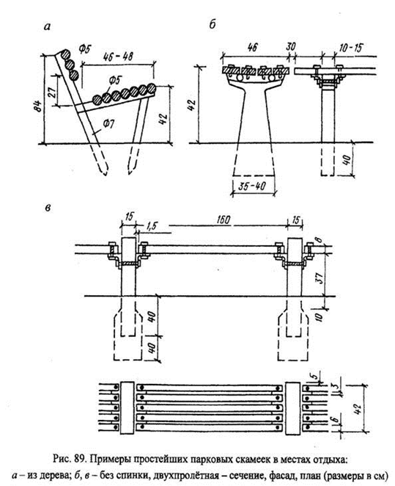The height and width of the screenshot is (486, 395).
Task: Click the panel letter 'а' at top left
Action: [47, 28]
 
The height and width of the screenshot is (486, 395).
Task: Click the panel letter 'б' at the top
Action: [213, 24]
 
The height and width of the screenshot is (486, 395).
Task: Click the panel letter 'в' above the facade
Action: [48, 208]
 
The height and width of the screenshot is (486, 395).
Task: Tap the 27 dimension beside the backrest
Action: [52, 92]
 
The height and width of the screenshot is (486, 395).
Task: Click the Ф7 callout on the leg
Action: [108, 124]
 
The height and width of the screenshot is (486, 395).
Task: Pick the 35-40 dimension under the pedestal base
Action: [252, 186]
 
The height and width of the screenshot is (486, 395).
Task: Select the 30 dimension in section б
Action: [290, 46]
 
